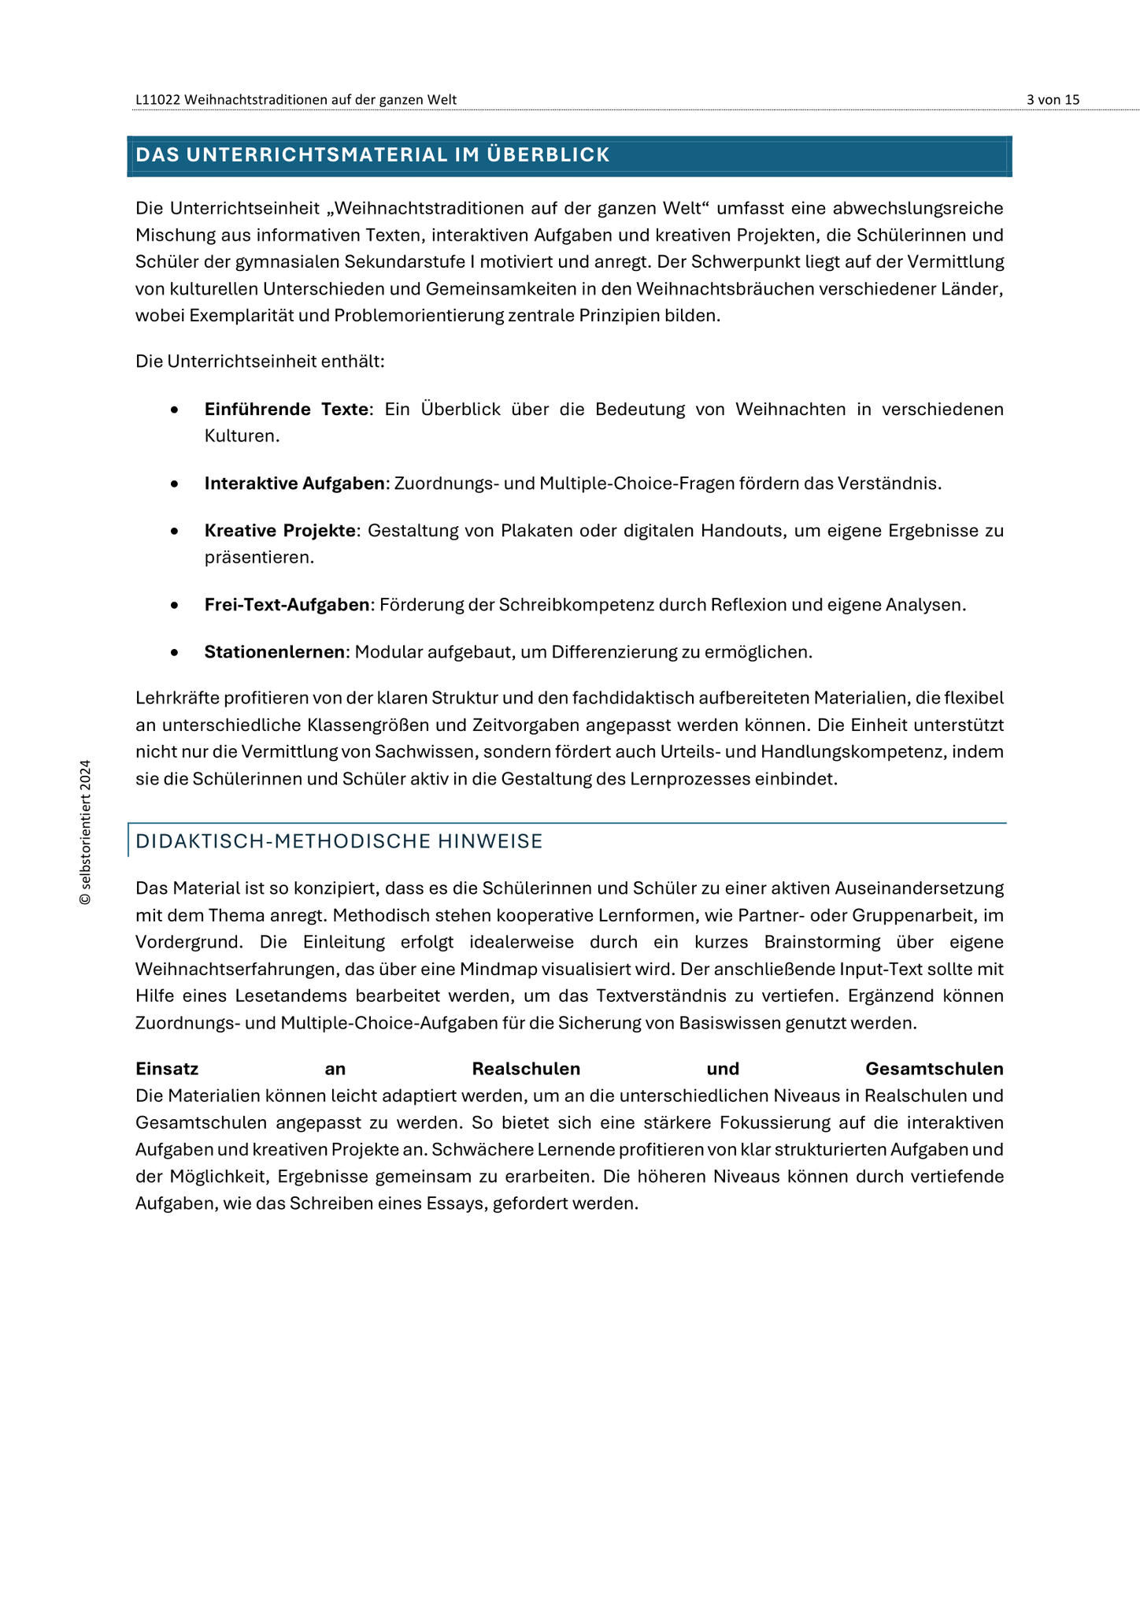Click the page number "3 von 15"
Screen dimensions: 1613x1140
pyautogui.click(x=1053, y=99)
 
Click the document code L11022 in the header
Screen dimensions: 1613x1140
pyautogui.click(x=158, y=99)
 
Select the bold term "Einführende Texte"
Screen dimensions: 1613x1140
pyautogui.click(x=286, y=410)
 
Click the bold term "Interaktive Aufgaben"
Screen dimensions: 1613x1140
pyautogui.click(x=294, y=484)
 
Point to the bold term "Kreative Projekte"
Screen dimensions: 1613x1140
pyautogui.click(x=280, y=531)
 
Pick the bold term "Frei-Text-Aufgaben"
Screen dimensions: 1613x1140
pyautogui.click(x=287, y=605)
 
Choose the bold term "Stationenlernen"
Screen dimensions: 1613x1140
pyautogui.click(x=275, y=652)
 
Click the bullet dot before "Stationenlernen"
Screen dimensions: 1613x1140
pyautogui.click(x=175, y=653)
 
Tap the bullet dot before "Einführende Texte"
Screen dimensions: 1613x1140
pyautogui.click(x=175, y=410)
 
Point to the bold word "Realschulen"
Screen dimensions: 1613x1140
pyautogui.click(x=526, y=1069)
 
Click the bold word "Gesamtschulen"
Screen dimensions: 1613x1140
pyautogui.click(x=934, y=1069)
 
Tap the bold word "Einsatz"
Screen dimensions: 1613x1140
pyautogui.click(x=167, y=1069)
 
